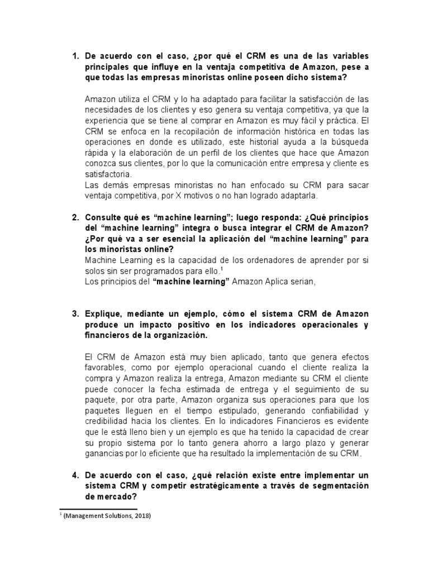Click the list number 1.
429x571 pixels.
[76, 57]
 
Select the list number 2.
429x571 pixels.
[76, 217]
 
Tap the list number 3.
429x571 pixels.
[76, 314]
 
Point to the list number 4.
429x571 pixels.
[76, 476]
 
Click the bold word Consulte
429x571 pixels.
[104, 217]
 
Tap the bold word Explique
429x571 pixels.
[104, 314]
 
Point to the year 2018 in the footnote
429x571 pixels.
[140, 516]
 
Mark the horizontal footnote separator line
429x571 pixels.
[98, 509]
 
